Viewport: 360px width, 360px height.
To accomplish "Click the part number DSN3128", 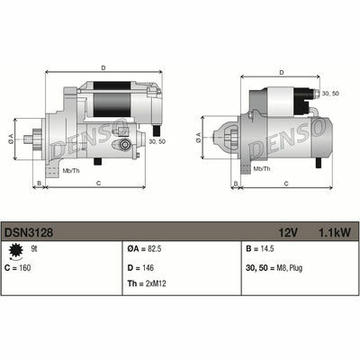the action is pos(29,232).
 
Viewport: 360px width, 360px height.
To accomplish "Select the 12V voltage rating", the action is pos(288,232).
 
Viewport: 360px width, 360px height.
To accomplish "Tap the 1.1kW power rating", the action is pos(333,232).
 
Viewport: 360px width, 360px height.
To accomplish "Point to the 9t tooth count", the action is pos(34,248).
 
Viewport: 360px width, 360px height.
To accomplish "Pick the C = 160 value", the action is pos(18,267).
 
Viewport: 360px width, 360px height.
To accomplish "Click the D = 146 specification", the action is pos(140,267).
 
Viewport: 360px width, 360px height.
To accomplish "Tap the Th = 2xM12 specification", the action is pos(147,283).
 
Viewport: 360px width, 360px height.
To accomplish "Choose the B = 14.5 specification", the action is pos(260,249).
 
